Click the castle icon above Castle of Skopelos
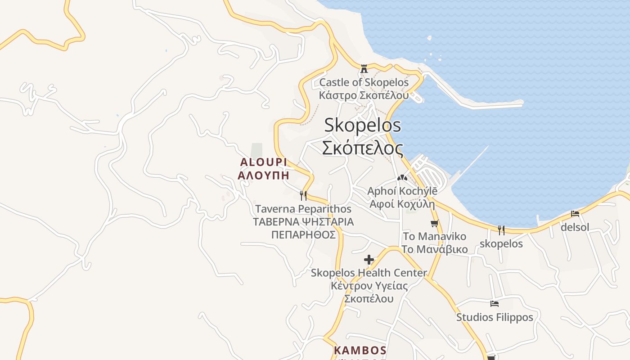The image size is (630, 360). [x=364, y=69]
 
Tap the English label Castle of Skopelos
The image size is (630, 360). [x=364, y=82]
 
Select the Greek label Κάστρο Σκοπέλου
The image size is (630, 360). [x=364, y=95]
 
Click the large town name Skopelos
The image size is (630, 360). [x=362, y=125]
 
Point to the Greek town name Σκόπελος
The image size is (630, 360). [x=362, y=148]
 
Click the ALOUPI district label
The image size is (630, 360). [x=263, y=162]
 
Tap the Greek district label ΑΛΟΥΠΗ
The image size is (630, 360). [x=263, y=175]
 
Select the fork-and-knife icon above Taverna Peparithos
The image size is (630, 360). [x=303, y=195]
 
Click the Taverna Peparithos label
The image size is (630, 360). [x=303, y=209]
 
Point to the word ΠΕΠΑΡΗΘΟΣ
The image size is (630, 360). [x=303, y=235]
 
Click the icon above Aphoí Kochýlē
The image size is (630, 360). [x=401, y=178]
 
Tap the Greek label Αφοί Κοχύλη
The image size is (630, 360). [x=402, y=204]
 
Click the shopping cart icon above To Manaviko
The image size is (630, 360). [x=434, y=223]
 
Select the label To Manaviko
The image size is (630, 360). [x=434, y=236]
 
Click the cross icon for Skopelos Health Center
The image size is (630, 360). [x=369, y=260]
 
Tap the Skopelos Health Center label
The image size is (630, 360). [x=369, y=273]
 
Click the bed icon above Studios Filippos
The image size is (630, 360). [x=495, y=304]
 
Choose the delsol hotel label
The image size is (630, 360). [x=575, y=227]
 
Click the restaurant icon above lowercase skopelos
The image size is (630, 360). [x=501, y=230]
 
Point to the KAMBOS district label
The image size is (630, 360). [x=360, y=350]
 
